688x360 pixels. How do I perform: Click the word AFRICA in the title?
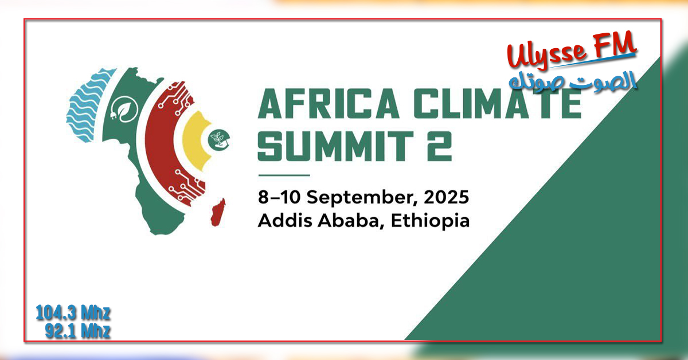(x=329, y=104)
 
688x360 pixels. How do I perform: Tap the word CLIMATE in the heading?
(x=498, y=104)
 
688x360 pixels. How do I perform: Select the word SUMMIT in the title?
(x=335, y=146)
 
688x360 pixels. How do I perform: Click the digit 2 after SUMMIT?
(x=440, y=146)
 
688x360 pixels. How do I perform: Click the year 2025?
(x=446, y=197)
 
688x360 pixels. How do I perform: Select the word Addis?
(x=285, y=220)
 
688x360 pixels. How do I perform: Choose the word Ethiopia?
(x=431, y=221)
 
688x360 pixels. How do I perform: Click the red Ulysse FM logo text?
(x=571, y=50)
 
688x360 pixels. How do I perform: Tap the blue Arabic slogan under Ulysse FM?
(x=573, y=80)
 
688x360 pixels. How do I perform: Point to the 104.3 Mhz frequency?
(x=73, y=313)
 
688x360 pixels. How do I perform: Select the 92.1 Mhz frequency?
(x=78, y=331)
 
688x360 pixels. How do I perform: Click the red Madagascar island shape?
(x=218, y=212)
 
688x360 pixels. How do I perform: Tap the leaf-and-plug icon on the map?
(x=124, y=109)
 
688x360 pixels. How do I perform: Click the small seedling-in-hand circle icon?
(x=219, y=140)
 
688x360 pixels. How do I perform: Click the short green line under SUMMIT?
(x=284, y=175)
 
